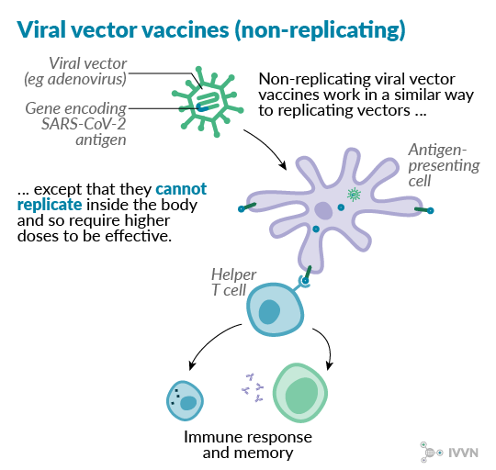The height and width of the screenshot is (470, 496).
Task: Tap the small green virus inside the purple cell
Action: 354,195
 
